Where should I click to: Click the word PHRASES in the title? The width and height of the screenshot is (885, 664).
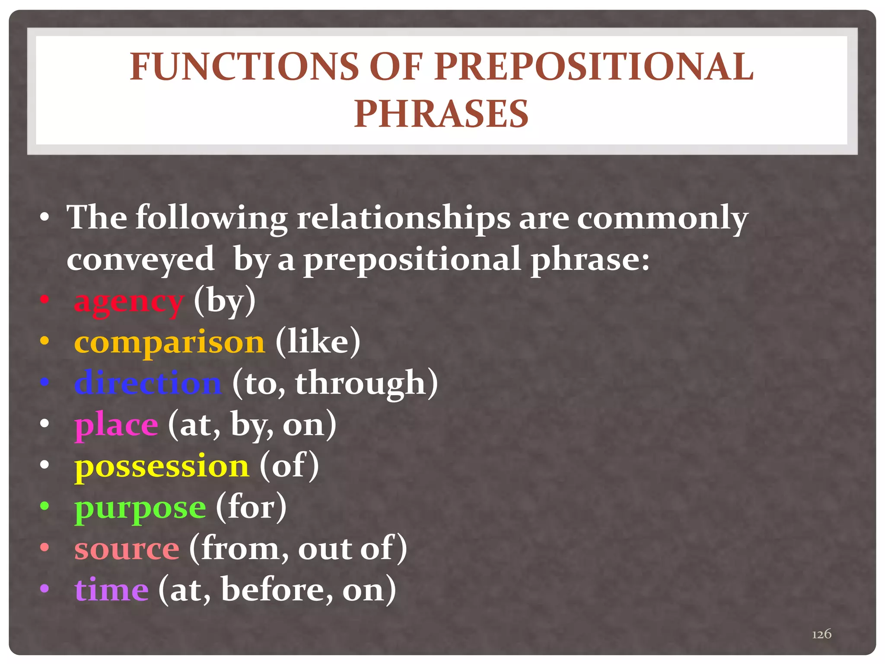(441, 114)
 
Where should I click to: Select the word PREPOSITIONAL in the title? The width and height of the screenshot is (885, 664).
(594, 67)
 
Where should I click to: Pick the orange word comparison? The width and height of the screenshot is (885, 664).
(169, 342)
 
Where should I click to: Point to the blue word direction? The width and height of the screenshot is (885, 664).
(148, 383)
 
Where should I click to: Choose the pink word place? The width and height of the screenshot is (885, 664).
(116, 425)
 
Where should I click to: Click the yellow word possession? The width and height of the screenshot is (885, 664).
(162, 466)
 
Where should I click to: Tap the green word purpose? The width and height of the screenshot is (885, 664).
(140, 508)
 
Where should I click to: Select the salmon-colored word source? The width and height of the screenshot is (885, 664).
(127, 549)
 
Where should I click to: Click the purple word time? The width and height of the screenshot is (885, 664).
(111, 590)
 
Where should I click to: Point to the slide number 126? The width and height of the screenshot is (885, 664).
(821, 634)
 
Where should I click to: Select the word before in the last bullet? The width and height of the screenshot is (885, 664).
(277, 590)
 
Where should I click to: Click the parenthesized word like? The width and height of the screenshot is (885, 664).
(318, 342)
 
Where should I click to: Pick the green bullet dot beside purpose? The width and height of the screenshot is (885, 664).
(45, 505)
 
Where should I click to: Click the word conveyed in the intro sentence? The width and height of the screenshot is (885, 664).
(140, 259)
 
